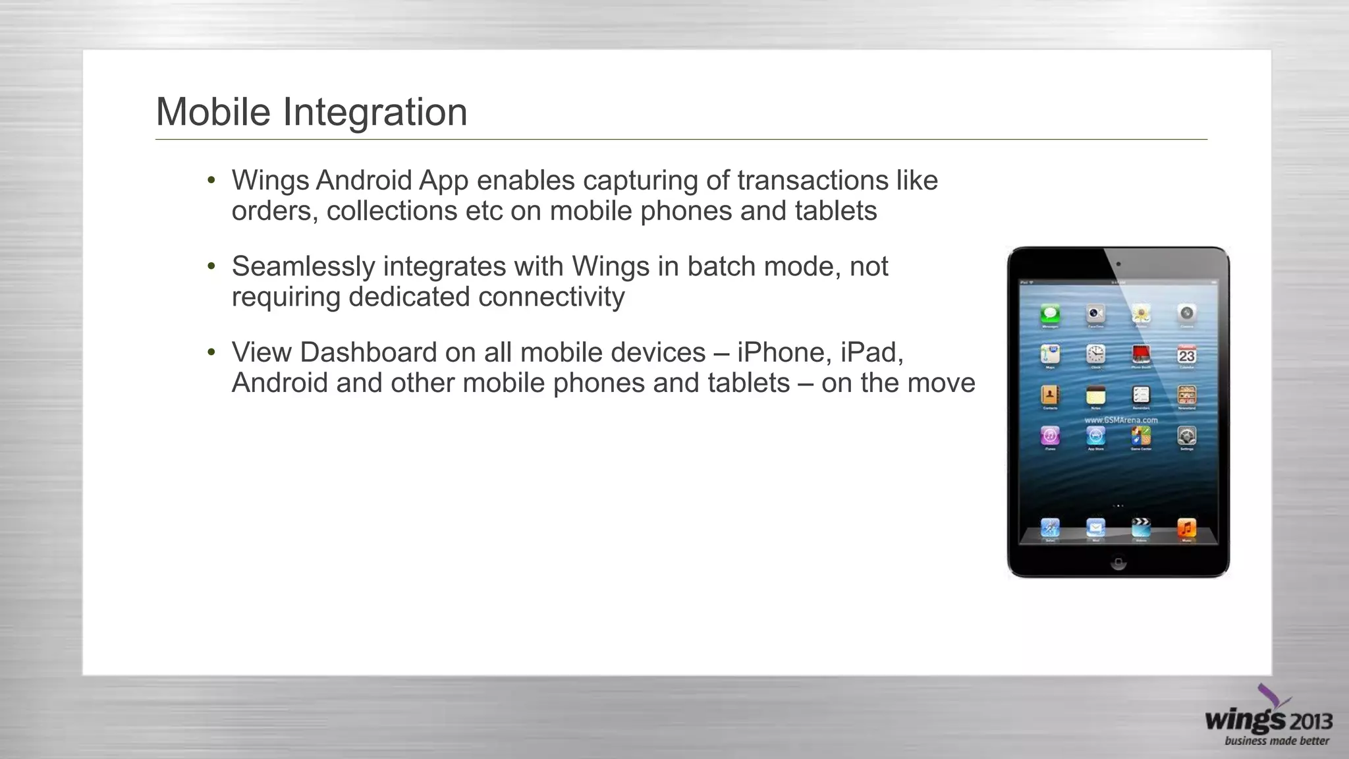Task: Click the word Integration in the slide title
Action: click(375, 112)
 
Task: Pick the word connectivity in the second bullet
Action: click(551, 297)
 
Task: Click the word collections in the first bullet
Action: click(392, 211)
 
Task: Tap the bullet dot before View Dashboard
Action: click(211, 352)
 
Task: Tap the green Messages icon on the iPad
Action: click(1050, 314)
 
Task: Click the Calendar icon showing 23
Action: click(1186, 355)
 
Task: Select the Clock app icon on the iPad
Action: click(1095, 355)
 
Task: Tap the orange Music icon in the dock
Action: click(1186, 527)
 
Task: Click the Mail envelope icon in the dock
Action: click(1095, 527)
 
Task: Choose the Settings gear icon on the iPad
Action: click(1186, 436)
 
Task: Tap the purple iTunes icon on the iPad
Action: click(1050, 436)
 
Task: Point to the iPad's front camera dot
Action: click(1118, 264)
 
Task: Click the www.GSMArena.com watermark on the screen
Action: click(1120, 420)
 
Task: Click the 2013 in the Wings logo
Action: click(1311, 721)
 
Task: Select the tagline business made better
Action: click(1277, 741)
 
